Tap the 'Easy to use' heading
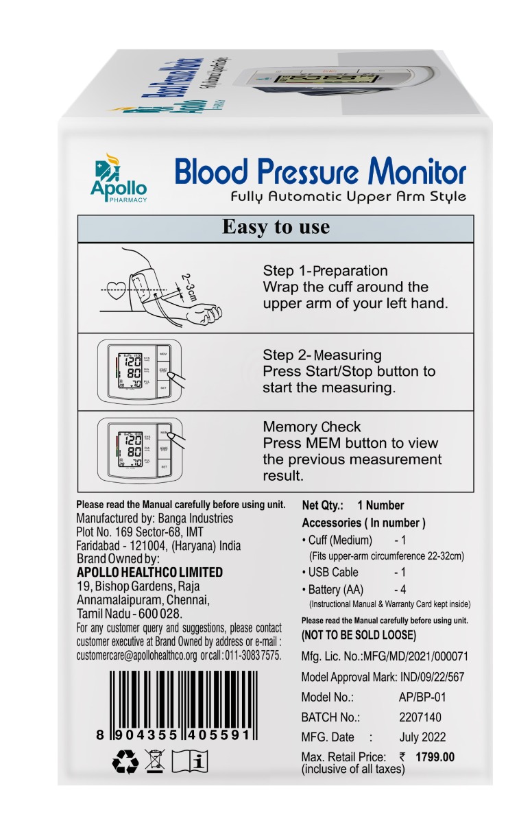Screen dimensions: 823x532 [276, 227]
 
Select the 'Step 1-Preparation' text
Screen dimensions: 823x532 [325, 270]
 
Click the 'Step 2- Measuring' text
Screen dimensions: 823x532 [322, 355]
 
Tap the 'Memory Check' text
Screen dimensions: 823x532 [311, 427]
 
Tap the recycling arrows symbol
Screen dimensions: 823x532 [125, 762]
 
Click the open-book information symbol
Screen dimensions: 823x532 [189, 762]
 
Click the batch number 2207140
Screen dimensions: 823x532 [420, 717]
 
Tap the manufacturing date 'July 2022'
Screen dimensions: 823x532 [422, 737]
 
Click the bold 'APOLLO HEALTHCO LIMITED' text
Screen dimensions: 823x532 [149, 572]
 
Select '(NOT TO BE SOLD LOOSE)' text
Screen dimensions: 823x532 [359, 635]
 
